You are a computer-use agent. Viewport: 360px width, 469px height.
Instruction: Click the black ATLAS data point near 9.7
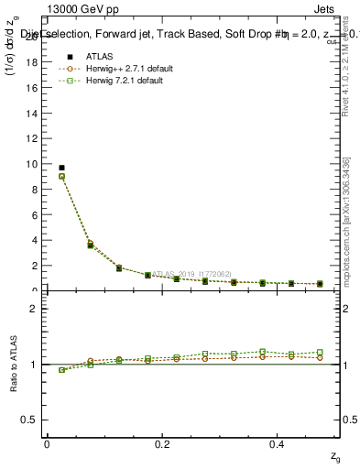(61, 168)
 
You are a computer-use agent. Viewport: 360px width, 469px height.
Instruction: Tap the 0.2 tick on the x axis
(161, 443)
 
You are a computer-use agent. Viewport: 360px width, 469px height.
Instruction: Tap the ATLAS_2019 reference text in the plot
(192, 274)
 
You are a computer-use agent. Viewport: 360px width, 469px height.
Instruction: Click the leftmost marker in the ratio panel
(61, 370)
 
